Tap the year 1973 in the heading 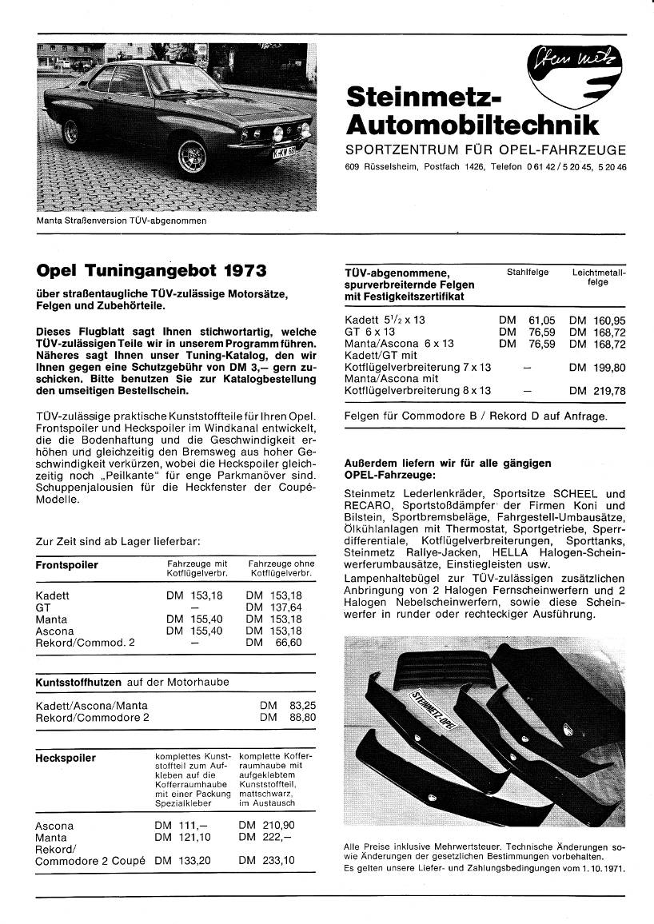pyautogui.click(x=239, y=270)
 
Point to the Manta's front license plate pyautogui.click(x=285, y=153)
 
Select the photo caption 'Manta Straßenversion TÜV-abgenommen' pyautogui.click(x=122, y=220)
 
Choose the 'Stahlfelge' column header pyautogui.click(x=528, y=273)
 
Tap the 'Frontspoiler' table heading pyautogui.click(x=67, y=565)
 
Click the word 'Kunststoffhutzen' pyautogui.click(x=78, y=683)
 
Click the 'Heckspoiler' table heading pyautogui.click(x=66, y=758)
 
